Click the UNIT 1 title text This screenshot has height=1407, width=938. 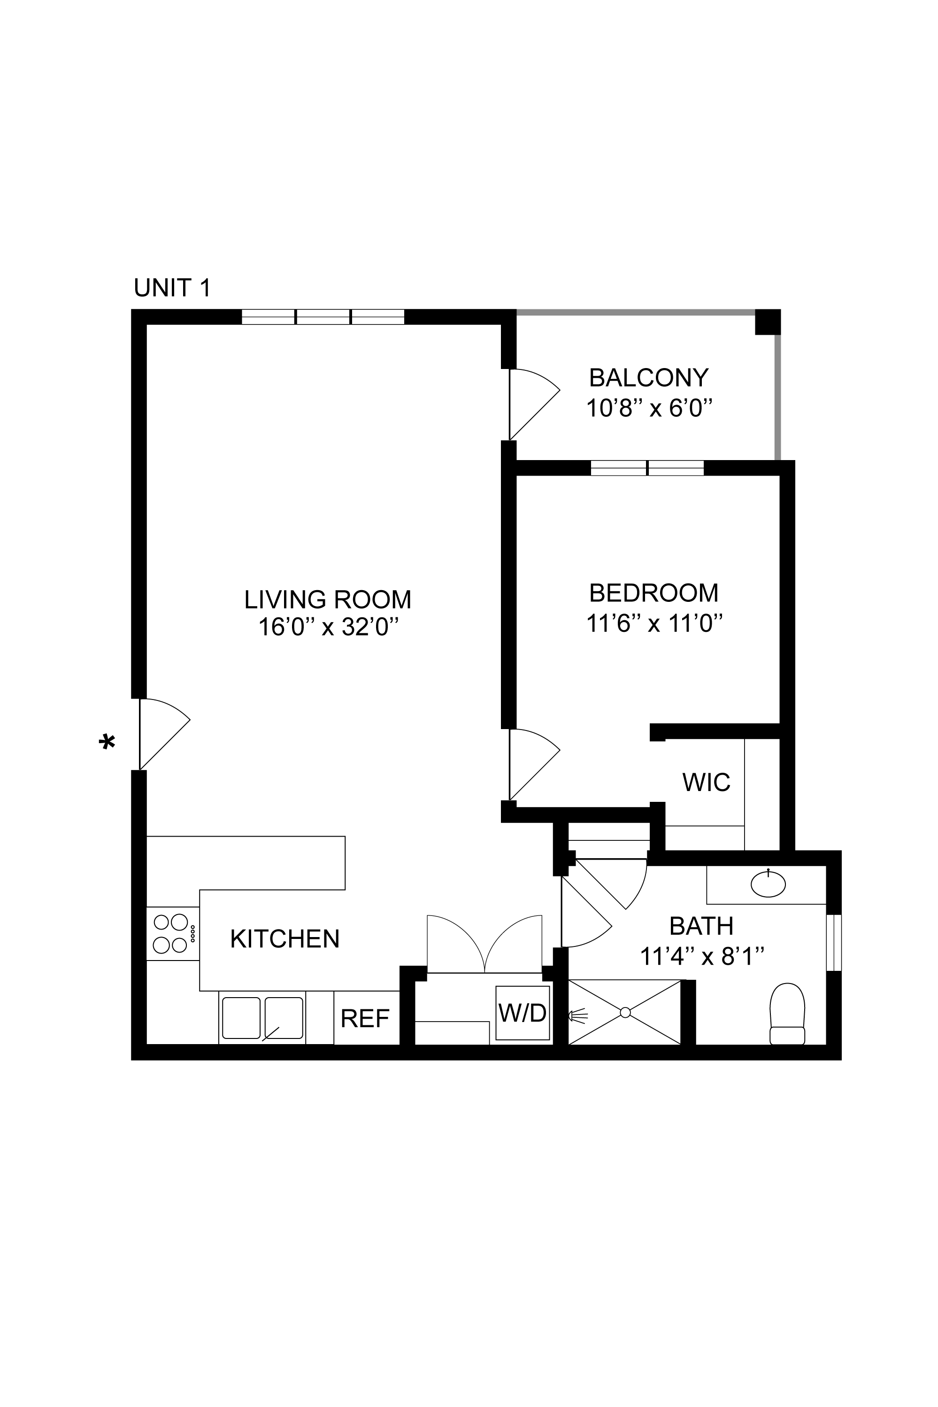coord(172,288)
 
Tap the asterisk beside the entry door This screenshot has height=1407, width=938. coord(107,743)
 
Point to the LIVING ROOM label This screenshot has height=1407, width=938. coord(327,600)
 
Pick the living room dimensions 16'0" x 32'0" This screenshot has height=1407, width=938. coord(328,628)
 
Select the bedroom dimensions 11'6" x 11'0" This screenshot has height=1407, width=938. coord(654,624)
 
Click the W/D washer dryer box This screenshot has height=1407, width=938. coord(522,1013)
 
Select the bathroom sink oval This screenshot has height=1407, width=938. coord(768,884)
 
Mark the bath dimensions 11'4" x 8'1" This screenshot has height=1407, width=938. coord(702,957)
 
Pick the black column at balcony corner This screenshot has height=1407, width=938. coord(768,322)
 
